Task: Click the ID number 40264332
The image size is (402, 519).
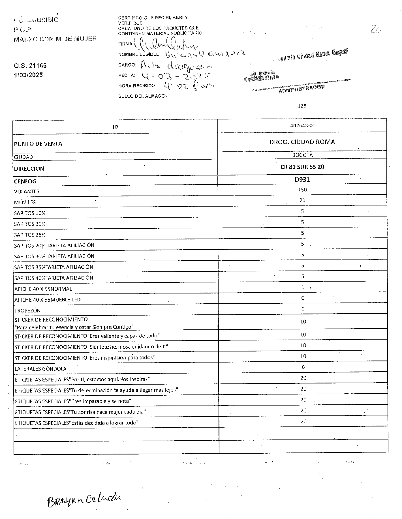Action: [302, 126]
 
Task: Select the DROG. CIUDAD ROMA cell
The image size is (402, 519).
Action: [302, 142]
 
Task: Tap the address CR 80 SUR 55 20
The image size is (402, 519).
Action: [302, 167]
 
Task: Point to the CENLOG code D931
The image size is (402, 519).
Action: [302, 179]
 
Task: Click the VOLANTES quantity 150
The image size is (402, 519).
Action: [302, 190]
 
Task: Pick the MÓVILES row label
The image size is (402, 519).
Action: [25, 202]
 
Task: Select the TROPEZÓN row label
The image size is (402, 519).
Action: [27, 310]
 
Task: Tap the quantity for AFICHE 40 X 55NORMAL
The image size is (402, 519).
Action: [303, 287]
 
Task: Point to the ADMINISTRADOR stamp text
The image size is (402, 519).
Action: [301, 89]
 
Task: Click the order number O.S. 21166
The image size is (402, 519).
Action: [30, 66]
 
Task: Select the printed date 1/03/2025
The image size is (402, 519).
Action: [28, 75]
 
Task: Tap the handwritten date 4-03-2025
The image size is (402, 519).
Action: [176, 76]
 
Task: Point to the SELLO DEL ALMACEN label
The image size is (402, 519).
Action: [143, 96]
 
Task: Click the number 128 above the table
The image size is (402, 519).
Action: [302, 106]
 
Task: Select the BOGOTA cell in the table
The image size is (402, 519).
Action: [302, 155]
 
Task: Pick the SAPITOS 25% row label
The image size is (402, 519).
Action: [30, 235]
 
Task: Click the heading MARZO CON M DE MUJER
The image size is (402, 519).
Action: [55, 39]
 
